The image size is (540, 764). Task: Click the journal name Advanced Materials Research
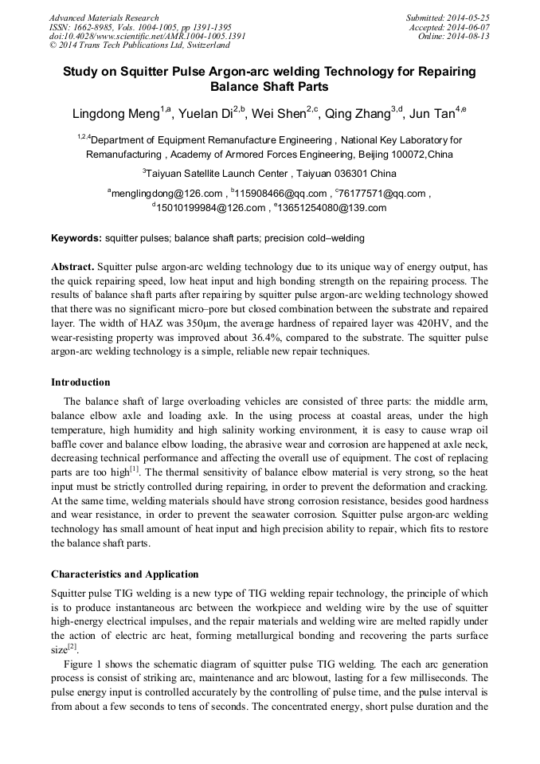(x=104, y=18)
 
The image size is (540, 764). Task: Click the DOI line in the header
(x=147, y=36)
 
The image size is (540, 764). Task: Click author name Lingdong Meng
(x=115, y=115)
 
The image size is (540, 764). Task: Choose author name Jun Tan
(x=438, y=115)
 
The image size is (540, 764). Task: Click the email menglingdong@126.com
(x=166, y=193)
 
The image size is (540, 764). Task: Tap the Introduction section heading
(x=80, y=382)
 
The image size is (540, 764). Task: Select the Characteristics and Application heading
(x=125, y=574)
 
